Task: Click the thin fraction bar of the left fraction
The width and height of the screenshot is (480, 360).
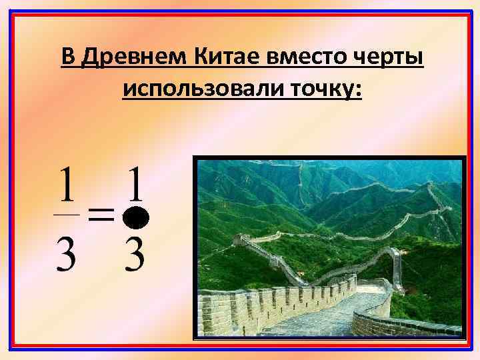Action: (66, 215)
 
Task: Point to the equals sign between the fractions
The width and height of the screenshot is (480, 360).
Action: (101, 215)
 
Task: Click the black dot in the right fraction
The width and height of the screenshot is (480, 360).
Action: (137, 216)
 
